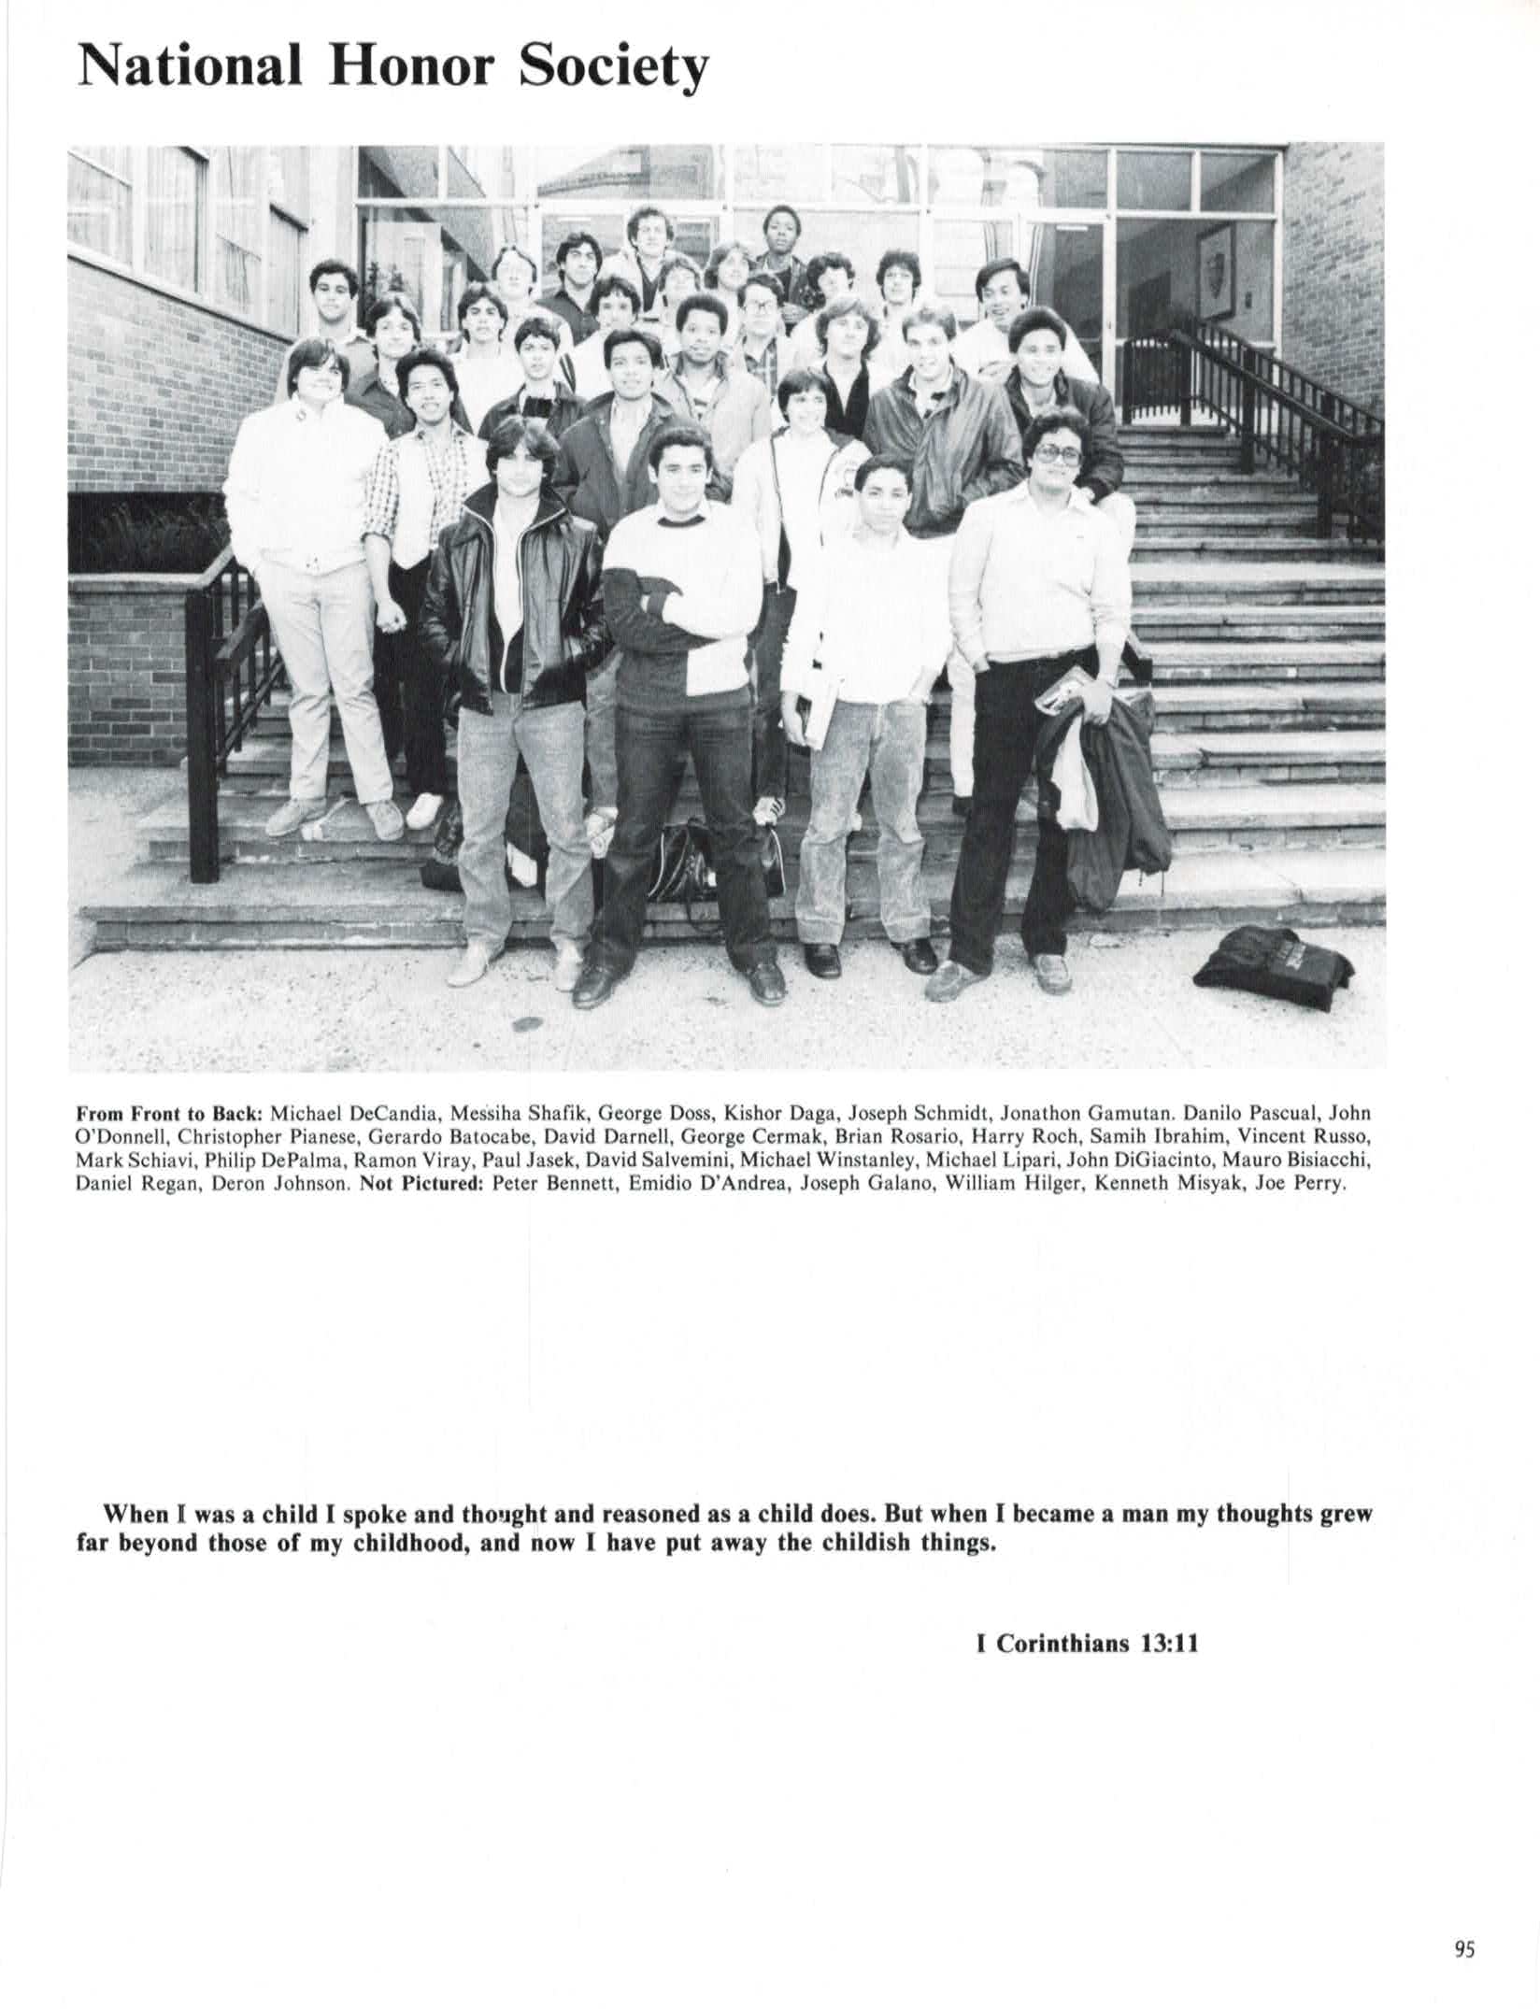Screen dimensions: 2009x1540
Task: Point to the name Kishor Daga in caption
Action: (765, 1114)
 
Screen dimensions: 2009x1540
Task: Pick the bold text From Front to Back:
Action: (171, 1114)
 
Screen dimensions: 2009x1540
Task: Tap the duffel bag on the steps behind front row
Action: (710, 864)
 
